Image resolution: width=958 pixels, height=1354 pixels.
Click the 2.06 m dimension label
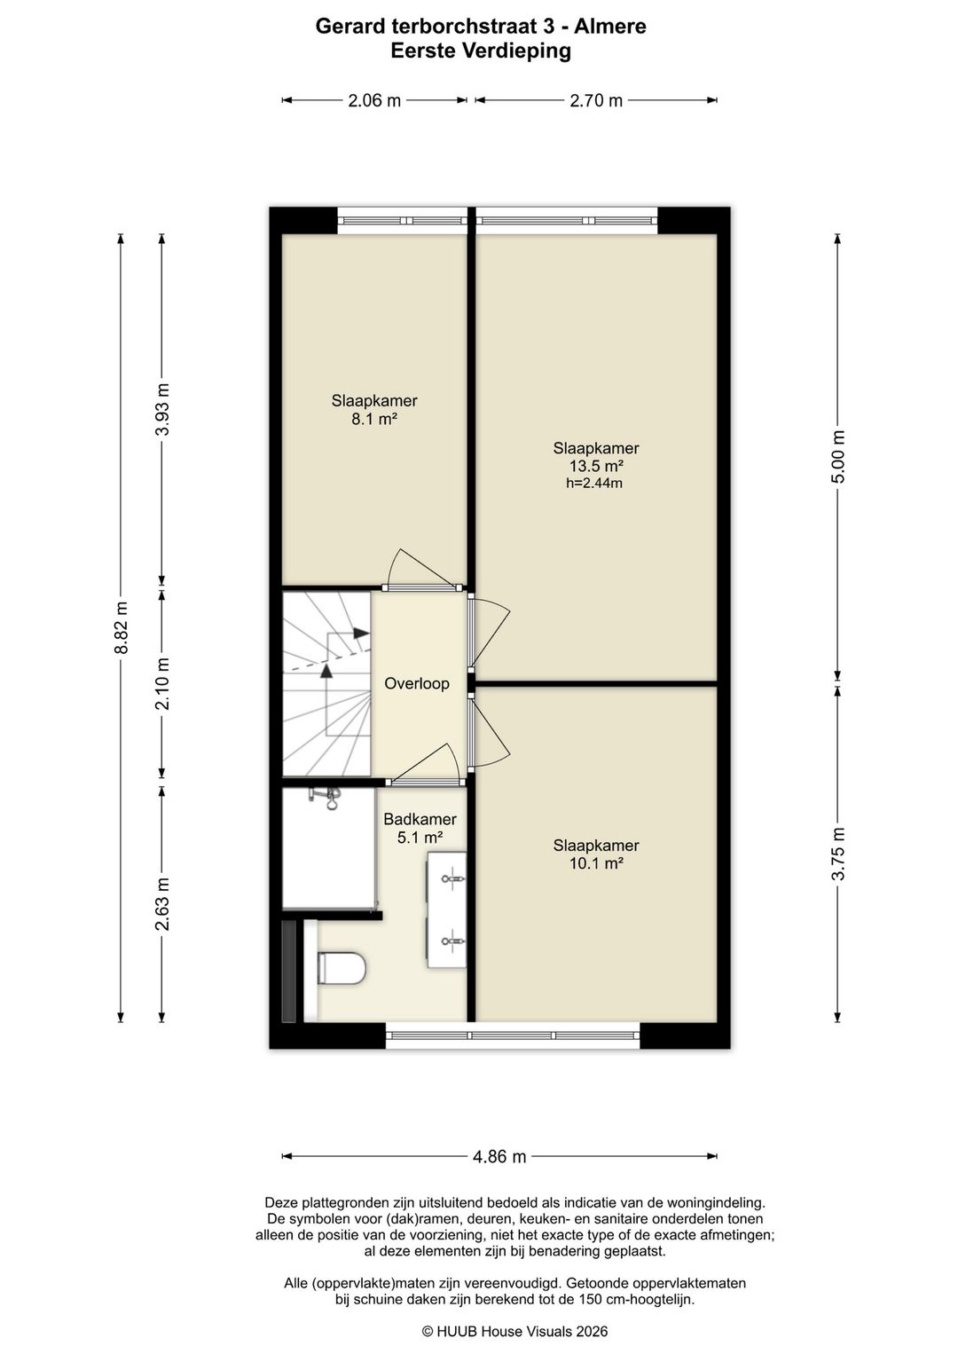coord(374,100)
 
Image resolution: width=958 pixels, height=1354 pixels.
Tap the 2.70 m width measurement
coord(596,100)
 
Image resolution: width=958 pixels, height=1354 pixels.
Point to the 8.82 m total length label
coord(122,627)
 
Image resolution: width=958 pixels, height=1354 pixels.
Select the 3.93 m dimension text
coord(162,409)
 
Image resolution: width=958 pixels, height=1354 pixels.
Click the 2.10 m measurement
coord(162,683)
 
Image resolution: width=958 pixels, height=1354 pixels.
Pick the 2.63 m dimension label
coord(162,903)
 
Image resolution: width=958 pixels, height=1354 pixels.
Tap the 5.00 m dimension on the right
coord(837,456)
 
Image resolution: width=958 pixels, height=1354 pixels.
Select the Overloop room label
coord(417,683)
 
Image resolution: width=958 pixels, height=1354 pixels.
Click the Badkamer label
coord(420,819)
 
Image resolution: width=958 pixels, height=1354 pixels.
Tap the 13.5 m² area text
coord(596,466)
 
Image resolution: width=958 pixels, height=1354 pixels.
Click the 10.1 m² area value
coord(596,863)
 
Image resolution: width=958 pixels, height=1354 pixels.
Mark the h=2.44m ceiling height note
coord(594,483)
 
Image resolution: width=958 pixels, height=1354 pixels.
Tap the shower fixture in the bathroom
coord(326,798)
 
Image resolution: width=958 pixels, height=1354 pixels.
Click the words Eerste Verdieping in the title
coord(481,51)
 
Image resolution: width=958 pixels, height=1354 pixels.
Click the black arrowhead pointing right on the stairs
coord(361,633)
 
